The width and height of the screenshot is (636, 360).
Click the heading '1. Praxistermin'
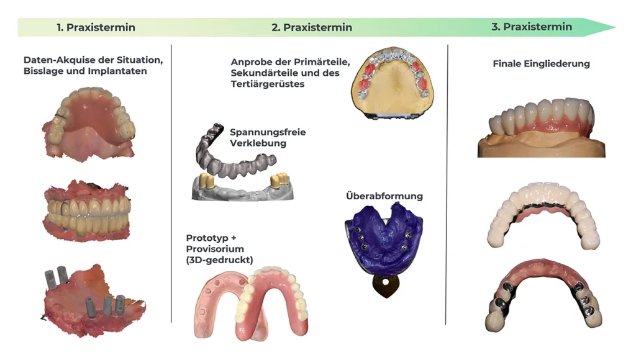(x=96, y=27)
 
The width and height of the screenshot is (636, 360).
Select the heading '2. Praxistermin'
(x=311, y=27)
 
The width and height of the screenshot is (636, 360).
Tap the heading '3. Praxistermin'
(x=532, y=27)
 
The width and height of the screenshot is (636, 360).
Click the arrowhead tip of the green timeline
(x=614, y=27)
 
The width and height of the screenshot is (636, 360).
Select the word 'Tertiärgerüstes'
(x=268, y=84)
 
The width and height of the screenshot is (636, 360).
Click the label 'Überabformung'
(x=384, y=196)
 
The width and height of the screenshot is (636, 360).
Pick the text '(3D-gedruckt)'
(x=219, y=260)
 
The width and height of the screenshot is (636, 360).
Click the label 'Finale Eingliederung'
(x=541, y=63)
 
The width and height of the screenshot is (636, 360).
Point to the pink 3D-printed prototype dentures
(x=252, y=298)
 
